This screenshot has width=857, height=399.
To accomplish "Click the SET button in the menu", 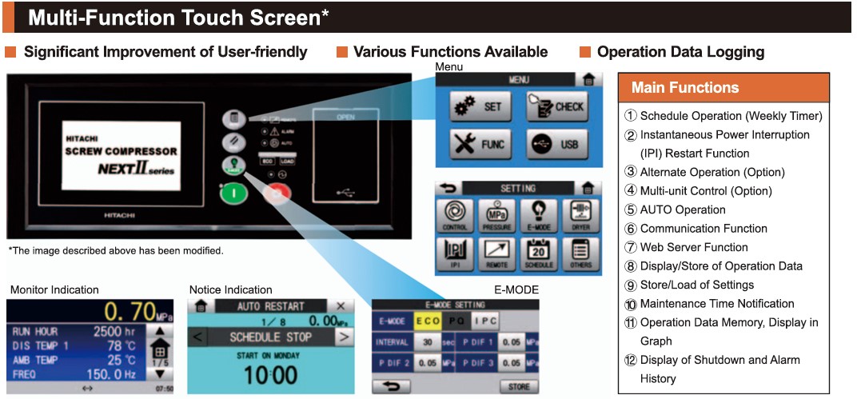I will pos(476,106).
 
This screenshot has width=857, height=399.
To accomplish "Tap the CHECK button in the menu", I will pos(556,106).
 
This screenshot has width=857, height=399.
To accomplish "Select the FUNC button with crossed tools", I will pos(476,144).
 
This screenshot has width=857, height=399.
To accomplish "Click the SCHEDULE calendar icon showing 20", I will pos(538,253).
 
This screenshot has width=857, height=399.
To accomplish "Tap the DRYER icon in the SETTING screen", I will pos(580,215).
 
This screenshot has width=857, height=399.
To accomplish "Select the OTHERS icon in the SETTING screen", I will pos(580,253).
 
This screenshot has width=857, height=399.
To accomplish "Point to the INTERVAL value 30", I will pos(428,341).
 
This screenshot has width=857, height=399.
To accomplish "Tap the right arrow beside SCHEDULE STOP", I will pos(344,337).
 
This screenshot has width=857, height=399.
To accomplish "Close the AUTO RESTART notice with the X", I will pos(341,306).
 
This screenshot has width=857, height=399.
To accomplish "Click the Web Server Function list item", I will pos(694,247).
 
